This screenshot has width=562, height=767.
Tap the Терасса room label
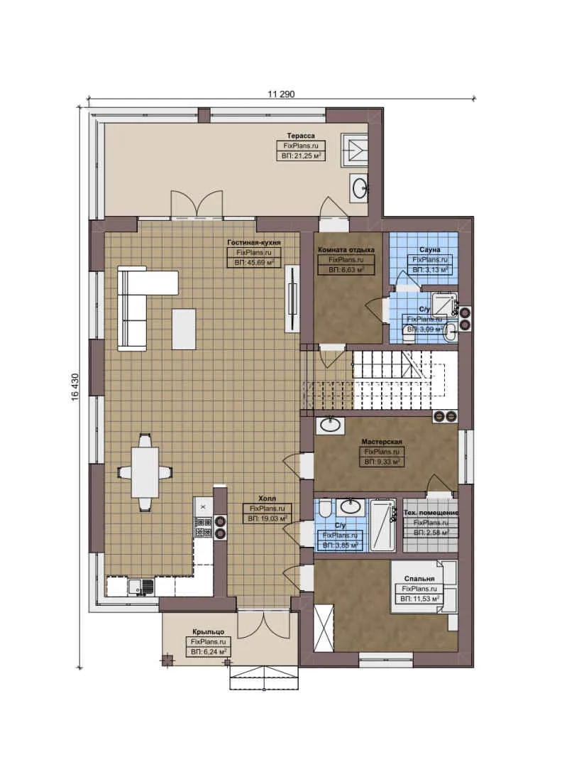click(x=300, y=134)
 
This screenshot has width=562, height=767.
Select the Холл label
click(x=266, y=499)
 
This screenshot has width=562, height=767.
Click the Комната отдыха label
click(x=346, y=251)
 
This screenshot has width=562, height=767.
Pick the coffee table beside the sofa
click(x=184, y=329)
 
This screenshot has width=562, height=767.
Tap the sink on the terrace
click(x=360, y=187)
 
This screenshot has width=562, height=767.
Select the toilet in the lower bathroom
click(x=324, y=510)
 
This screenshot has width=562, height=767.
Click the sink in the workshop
click(x=331, y=425)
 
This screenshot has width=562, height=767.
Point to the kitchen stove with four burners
click(x=203, y=526)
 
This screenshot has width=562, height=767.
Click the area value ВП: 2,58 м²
click(x=431, y=532)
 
